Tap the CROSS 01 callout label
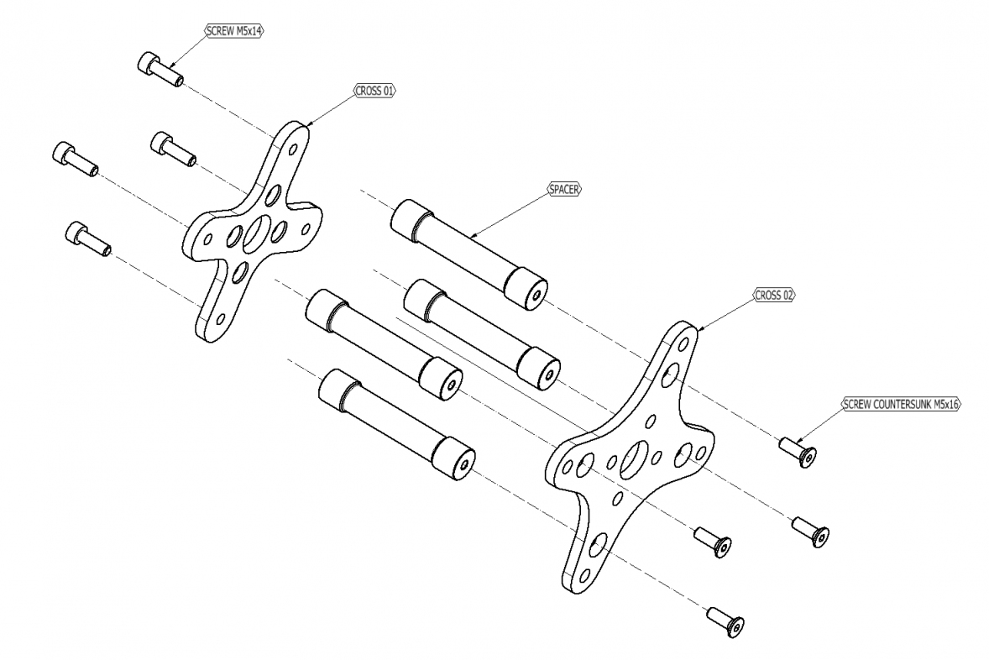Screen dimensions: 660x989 click(x=374, y=91)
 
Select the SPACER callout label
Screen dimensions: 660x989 click(x=564, y=190)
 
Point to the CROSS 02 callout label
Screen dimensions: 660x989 click(x=773, y=295)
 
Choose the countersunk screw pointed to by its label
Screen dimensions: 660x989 click(x=798, y=453)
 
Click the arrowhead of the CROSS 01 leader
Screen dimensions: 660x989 click(x=309, y=126)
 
